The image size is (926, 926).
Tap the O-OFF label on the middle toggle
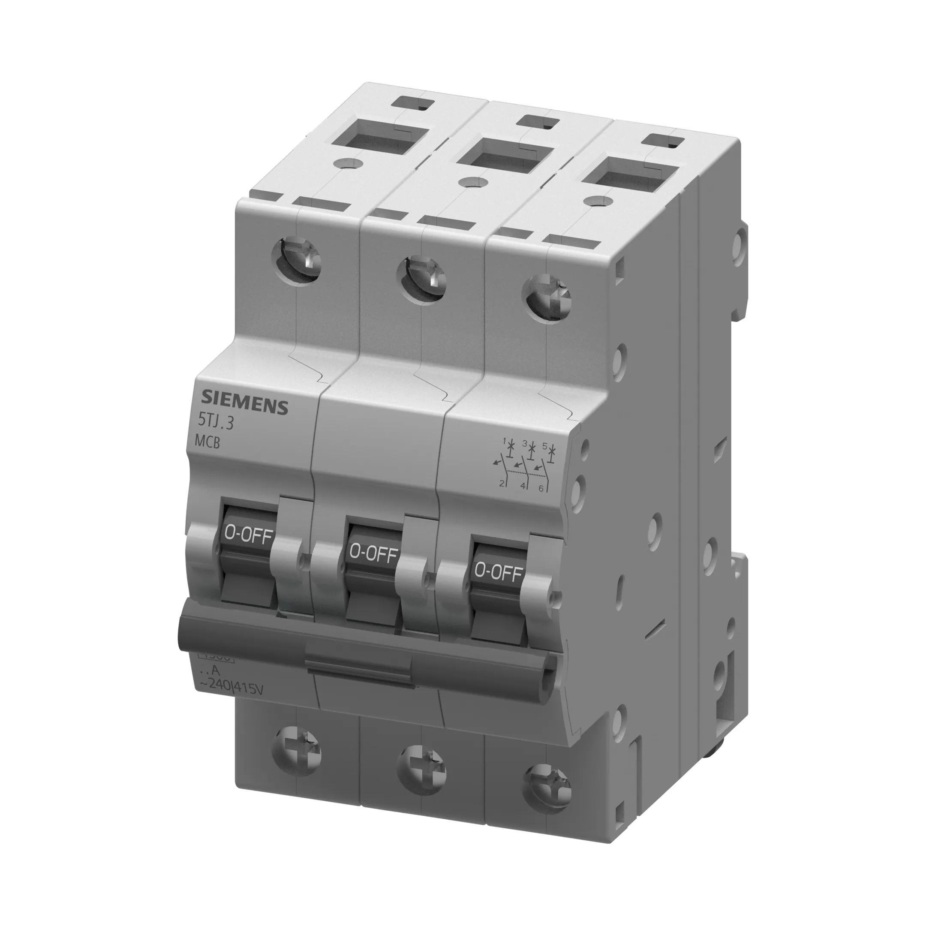coord(373,553)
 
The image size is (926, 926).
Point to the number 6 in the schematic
coord(541,488)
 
